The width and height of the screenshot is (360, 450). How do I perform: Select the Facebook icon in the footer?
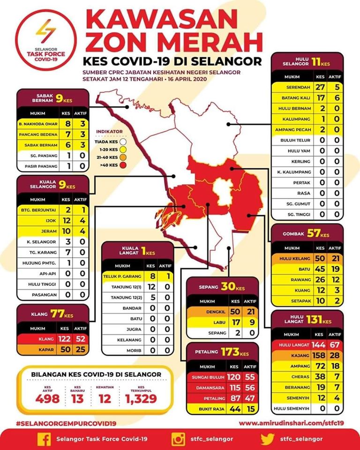[44, 438]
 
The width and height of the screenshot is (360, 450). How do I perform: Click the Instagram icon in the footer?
[178, 438]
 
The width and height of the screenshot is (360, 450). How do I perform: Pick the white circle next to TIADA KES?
[123, 140]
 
